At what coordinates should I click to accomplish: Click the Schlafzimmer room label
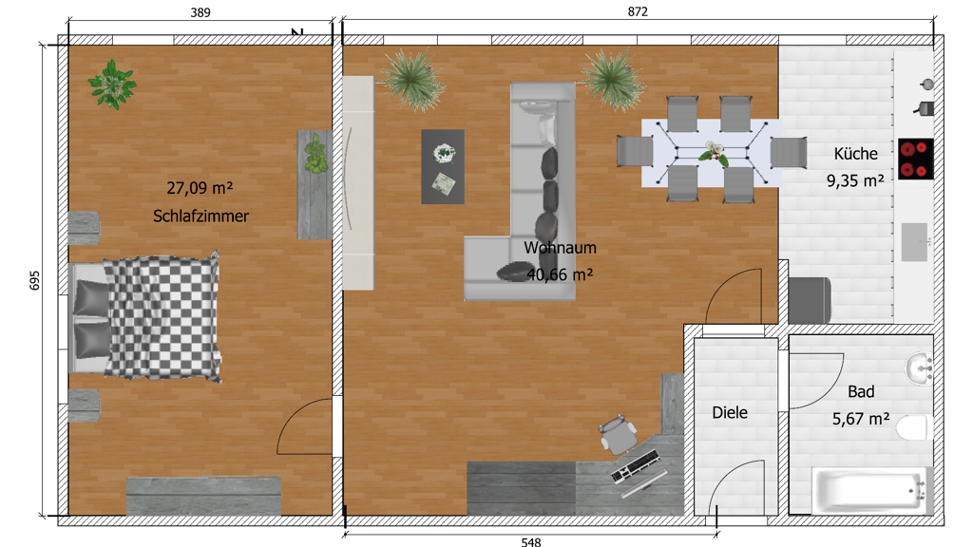[200, 216]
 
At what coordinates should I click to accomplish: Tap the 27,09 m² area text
[200, 188]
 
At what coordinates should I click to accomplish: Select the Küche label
[856, 153]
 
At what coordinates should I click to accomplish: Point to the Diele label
[730, 412]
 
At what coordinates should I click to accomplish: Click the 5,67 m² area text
[861, 419]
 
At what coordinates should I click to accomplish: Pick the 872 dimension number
[638, 11]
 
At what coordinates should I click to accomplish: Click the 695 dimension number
[35, 280]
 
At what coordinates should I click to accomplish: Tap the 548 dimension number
[530, 542]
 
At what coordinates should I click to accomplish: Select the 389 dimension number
[200, 12]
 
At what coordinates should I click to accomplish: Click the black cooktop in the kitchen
[916, 159]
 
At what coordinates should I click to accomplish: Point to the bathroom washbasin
[919, 368]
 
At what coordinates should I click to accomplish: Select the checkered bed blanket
[162, 316]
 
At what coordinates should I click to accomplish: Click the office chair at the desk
[618, 434]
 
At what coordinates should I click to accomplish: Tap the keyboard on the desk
[635, 466]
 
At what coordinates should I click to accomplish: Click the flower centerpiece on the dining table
[714, 153]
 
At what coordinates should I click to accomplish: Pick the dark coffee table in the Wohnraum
[443, 167]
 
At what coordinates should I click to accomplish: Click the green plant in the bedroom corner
[112, 85]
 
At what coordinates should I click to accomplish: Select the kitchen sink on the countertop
[914, 242]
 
